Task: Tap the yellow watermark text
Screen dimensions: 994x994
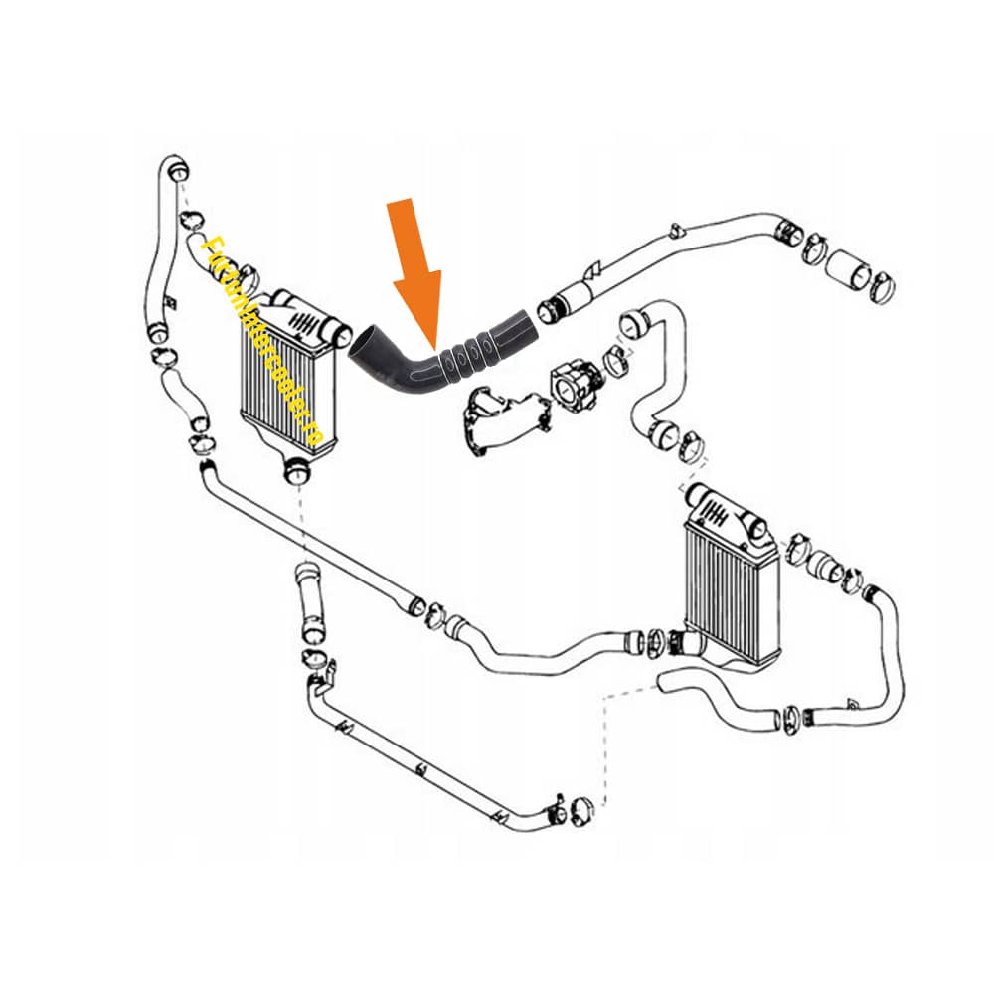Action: click(261, 339)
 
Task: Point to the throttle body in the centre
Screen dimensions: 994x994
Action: click(574, 380)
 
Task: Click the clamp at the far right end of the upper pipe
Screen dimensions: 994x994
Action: click(879, 282)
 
